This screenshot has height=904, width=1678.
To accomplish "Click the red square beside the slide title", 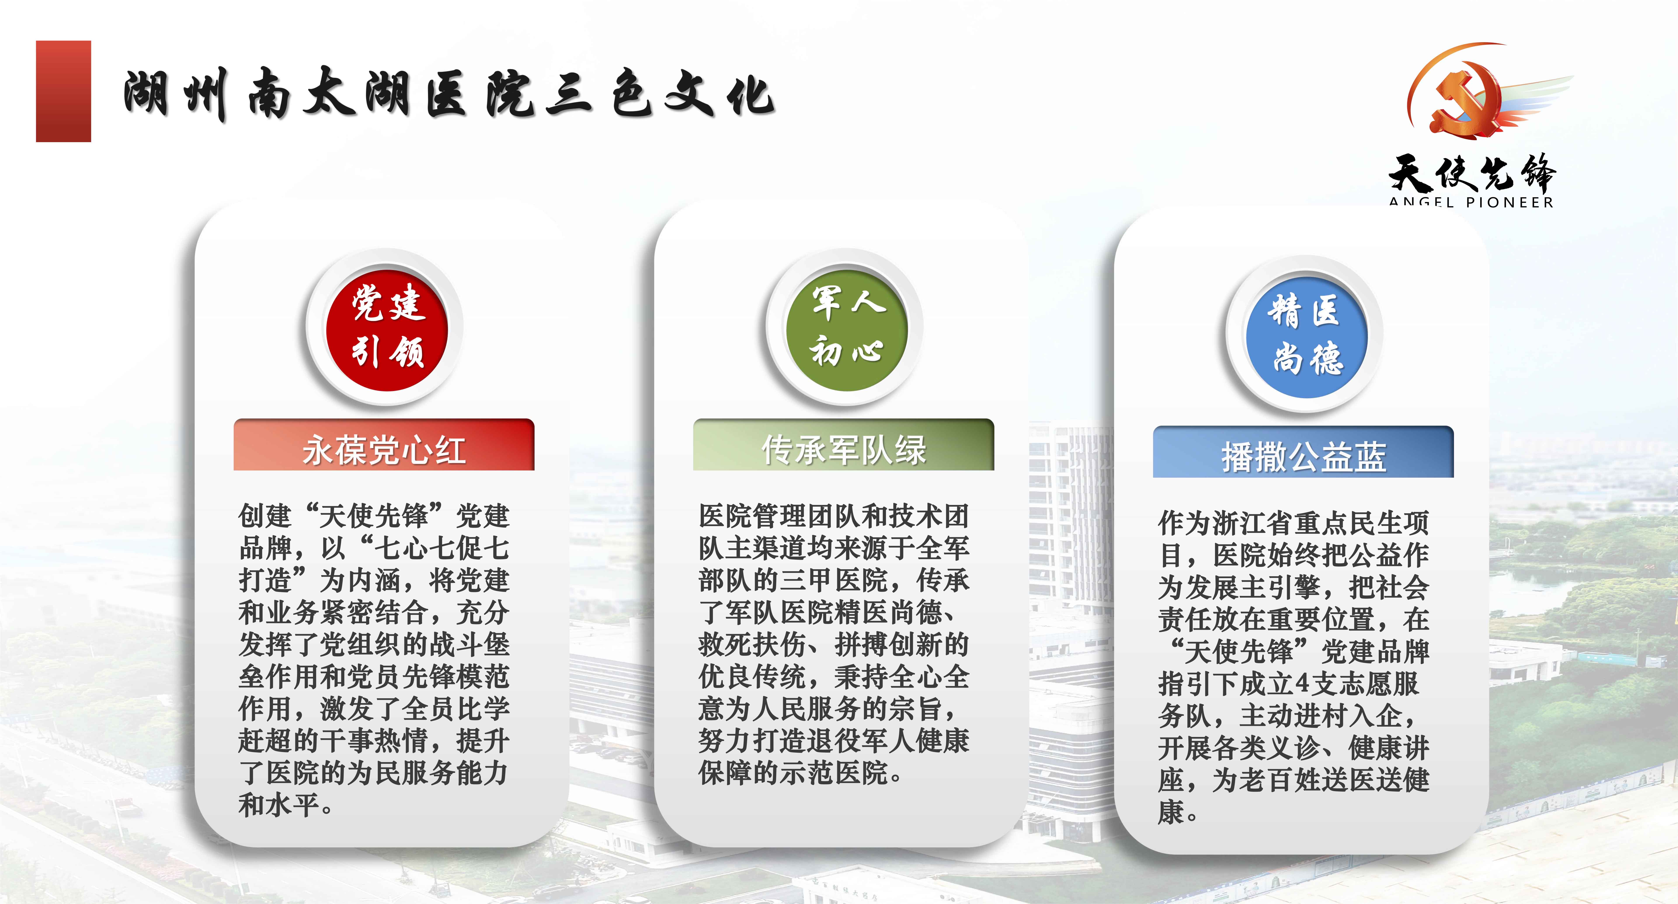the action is pyautogui.click(x=63, y=91).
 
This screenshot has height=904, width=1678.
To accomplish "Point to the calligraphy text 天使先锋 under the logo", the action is pyautogui.click(x=1472, y=173).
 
